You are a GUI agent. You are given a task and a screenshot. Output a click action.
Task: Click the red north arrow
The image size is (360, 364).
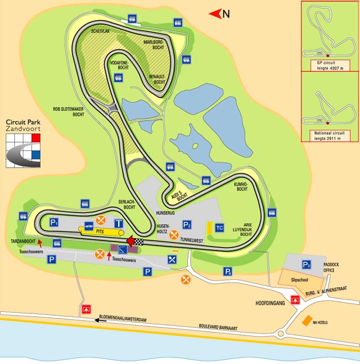point(214,13)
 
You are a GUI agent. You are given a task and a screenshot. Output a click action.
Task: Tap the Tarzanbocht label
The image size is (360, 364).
point(23,241)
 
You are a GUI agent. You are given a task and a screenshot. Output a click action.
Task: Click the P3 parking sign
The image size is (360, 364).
point(307,264)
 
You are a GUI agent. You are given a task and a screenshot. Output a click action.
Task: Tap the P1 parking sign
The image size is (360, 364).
point(55,221)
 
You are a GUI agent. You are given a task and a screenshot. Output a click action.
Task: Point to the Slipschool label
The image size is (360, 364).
point(300,279)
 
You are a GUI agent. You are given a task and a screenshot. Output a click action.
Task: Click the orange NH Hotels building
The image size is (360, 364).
point(307,321)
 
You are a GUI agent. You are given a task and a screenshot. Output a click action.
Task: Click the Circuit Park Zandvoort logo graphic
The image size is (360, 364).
point(25,149)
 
